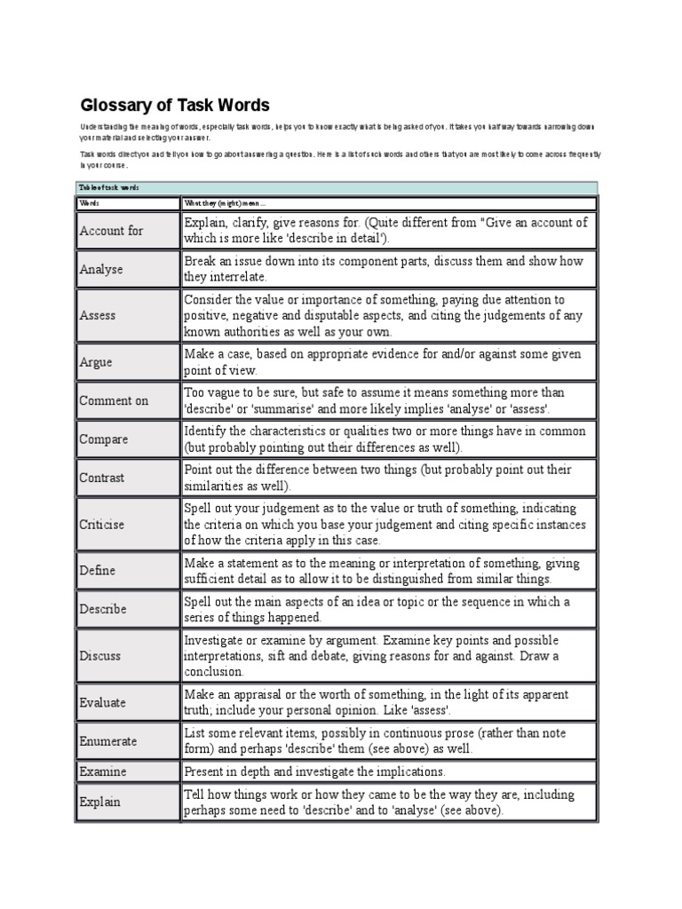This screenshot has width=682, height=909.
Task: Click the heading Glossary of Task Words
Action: tap(175, 106)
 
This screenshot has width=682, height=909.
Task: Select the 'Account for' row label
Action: tap(111, 231)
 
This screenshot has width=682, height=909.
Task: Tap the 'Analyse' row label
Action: tap(101, 269)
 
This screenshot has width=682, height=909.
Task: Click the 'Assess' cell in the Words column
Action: tap(98, 315)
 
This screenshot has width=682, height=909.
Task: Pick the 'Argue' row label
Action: tap(96, 362)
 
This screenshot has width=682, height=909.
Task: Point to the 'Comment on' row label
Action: tap(114, 400)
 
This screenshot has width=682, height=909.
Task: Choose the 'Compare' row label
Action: tap(104, 439)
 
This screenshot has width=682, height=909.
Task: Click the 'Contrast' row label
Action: tap(102, 478)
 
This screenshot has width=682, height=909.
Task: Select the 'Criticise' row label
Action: tap(102, 525)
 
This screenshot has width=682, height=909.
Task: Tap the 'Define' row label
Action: tap(98, 571)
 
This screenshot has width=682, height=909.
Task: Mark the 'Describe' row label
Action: tap(103, 609)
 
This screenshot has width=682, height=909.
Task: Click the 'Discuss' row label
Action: tap(100, 656)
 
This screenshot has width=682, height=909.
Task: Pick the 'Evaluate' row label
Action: tap(103, 702)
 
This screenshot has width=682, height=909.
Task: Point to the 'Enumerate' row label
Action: tap(108, 740)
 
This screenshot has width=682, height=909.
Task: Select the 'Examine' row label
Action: tap(103, 771)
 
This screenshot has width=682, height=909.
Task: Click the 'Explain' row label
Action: tap(99, 802)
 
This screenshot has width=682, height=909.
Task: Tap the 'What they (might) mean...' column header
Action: tap(218, 202)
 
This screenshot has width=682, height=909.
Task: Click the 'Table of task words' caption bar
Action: tap(337, 187)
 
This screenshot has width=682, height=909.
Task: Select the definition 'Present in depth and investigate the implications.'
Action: tap(314, 771)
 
